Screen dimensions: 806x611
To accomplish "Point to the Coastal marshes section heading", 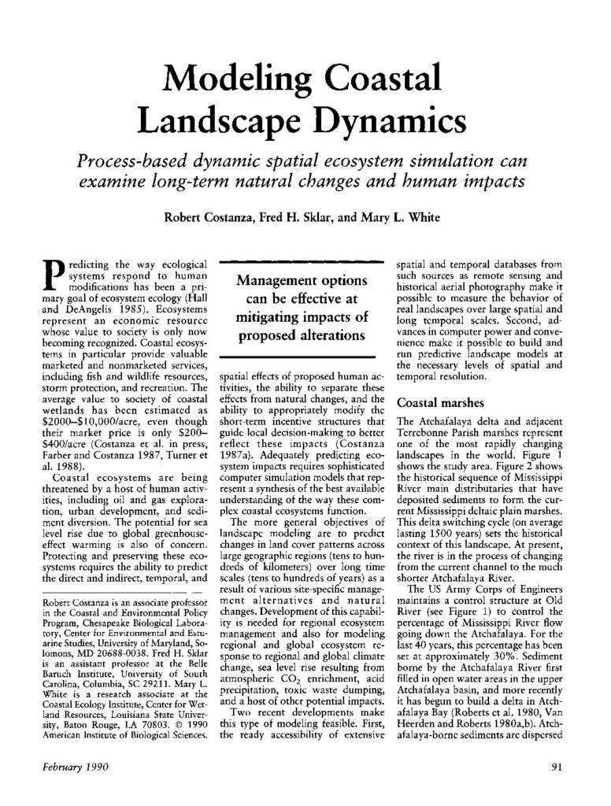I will click(x=436, y=401).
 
